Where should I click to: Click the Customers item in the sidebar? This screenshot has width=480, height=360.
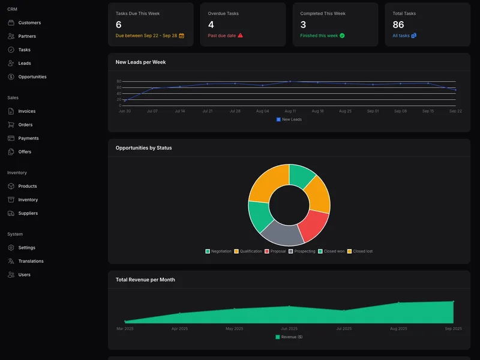coord(29,23)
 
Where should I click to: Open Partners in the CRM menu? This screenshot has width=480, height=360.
coord(27,36)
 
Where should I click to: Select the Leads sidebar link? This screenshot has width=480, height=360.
coord(25,63)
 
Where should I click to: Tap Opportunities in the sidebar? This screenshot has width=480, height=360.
coord(32,77)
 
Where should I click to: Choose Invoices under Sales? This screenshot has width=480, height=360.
coord(27,111)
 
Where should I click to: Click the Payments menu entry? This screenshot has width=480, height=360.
coord(28,138)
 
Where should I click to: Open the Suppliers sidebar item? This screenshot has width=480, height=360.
coord(28,213)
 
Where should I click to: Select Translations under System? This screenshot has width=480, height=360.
coord(31,261)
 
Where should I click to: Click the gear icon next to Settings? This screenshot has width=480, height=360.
coord(11,248)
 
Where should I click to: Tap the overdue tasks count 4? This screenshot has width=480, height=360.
coord(211,25)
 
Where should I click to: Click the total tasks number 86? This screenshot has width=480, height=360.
coord(398,25)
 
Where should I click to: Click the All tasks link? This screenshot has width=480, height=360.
coord(401,35)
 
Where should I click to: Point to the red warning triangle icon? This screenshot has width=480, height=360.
coord(241,35)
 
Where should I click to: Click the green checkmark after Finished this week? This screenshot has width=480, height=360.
coord(342,35)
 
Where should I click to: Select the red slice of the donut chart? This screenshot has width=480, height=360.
coord(313,224)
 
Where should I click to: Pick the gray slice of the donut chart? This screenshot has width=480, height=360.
coord(281,233)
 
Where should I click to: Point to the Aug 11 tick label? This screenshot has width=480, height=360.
coord(290,111)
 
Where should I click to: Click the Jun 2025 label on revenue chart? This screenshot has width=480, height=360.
coord(289,329)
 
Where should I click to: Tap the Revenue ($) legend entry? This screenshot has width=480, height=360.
coord(289,337)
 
